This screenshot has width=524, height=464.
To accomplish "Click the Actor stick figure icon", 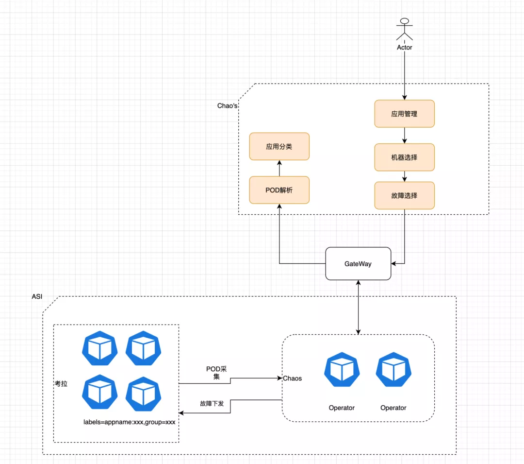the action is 404,30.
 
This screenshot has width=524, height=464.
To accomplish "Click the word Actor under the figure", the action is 404,48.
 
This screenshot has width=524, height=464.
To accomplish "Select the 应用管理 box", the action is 404,114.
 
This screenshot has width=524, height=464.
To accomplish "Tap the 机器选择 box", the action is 404,157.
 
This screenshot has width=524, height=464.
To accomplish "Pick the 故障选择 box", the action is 404,195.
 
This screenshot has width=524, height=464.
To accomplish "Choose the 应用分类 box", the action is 279,146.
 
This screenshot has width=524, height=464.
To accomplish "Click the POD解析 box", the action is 279,190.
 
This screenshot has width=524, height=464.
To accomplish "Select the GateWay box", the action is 358,264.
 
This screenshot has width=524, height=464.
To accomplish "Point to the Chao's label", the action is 227,106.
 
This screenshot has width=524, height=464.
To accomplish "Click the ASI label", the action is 37,296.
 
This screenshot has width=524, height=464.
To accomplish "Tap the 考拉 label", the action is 61,384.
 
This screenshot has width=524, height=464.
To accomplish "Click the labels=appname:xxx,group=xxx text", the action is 130,422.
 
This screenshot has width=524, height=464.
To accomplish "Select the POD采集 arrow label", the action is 216,373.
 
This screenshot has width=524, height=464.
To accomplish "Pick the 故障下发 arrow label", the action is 212,403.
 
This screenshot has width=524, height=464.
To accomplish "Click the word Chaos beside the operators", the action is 293,378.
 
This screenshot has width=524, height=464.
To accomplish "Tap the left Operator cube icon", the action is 342,370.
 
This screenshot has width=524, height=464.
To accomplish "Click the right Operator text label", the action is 393,408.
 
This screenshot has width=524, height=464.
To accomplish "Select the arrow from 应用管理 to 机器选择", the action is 404,136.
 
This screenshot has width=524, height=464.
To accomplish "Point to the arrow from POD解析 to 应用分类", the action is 279,168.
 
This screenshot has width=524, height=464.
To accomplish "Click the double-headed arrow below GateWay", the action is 358,307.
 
